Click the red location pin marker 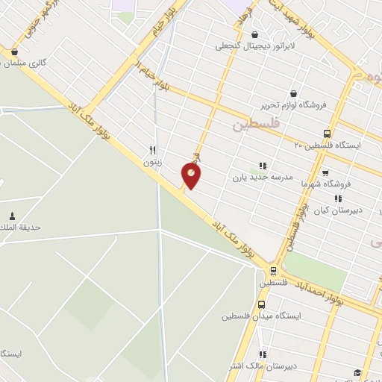coord(191,175)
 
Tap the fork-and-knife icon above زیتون coord(152,149)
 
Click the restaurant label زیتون coord(152,160)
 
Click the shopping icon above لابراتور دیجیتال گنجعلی coord(255,34)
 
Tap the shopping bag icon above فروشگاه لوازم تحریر coord(292,93)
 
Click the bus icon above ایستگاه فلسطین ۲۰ coord(327,134)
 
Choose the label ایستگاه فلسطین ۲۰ coord(327,145)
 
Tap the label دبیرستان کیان coord(336,210)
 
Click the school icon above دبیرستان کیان coord(337,198)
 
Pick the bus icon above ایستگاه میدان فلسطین coord(261,304)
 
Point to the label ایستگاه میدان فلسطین coord(260,316)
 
